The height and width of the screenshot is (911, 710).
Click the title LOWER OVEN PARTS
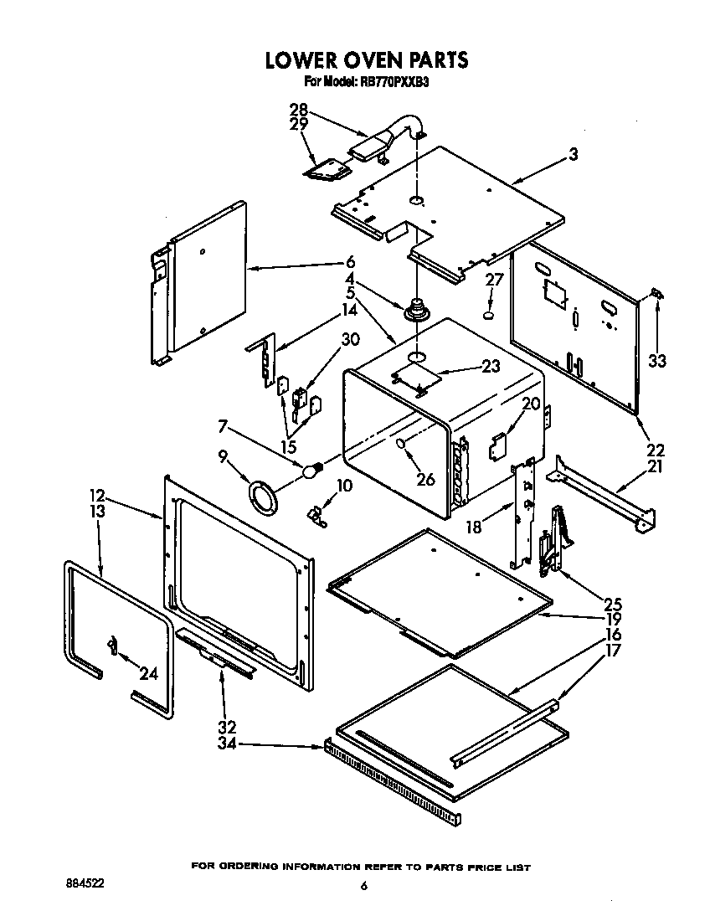pyautogui.click(x=367, y=60)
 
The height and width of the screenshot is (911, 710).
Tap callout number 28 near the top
pyautogui.click(x=297, y=110)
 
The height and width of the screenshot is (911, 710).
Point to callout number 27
pyautogui.click(x=494, y=280)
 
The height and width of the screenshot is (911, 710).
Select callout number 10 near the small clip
pyautogui.click(x=344, y=486)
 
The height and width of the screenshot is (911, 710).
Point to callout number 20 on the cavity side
pyautogui.click(x=530, y=403)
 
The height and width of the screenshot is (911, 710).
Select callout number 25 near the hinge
pyautogui.click(x=614, y=603)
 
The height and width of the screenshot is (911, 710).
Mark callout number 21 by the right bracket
pyautogui.click(x=655, y=466)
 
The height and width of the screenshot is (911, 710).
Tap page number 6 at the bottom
pyautogui.click(x=363, y=886)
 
